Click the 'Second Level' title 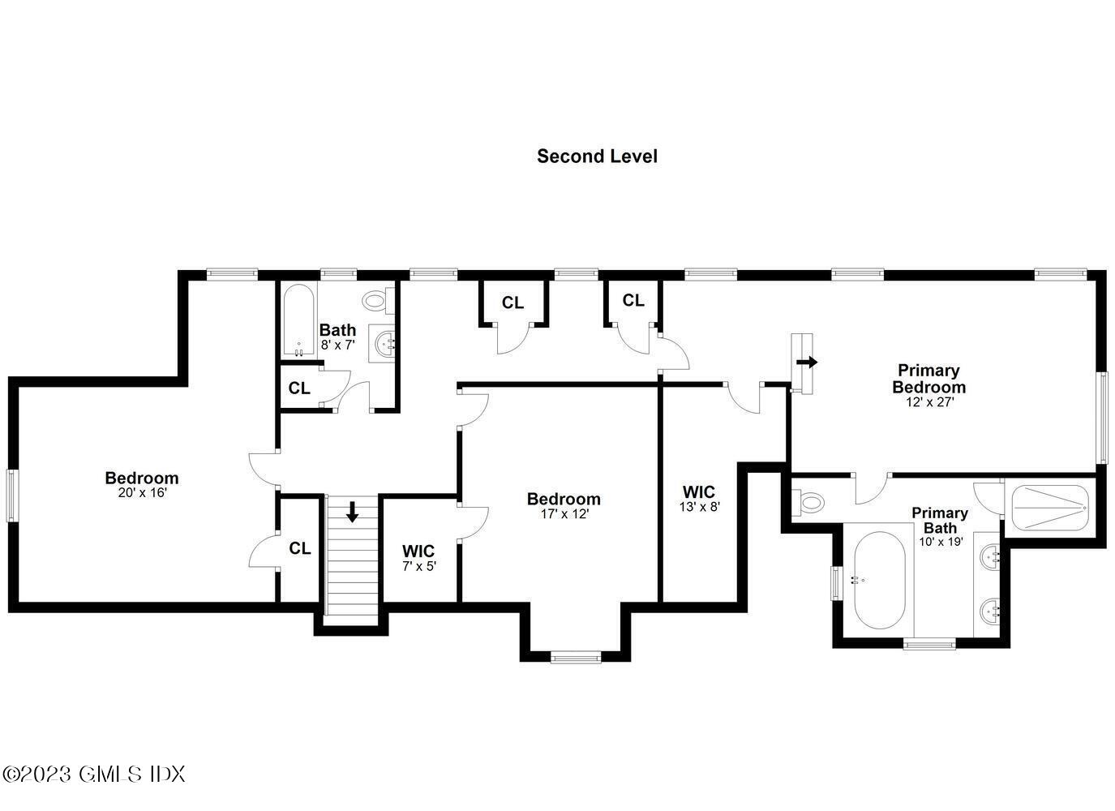click(597, 156)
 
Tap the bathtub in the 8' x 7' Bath click(298, 320)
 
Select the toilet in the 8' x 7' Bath click(376, 301)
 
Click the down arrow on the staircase click(353, 512)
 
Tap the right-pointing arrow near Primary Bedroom click(808, 362)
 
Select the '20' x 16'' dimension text click(141, 492)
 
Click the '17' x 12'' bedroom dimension click(564, 513)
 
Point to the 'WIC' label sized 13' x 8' click(699, 492)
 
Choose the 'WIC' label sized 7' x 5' click(419, 551)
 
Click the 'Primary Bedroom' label click(928, 379)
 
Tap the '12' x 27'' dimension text click(929, 401)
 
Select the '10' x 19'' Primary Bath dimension click(941, 541)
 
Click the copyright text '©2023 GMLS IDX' click(93, 774)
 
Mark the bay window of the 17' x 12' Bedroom click(576, 656)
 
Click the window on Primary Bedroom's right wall click(1102, 418)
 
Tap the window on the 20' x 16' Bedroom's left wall click(11, 496)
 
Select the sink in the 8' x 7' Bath click(384, 344)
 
